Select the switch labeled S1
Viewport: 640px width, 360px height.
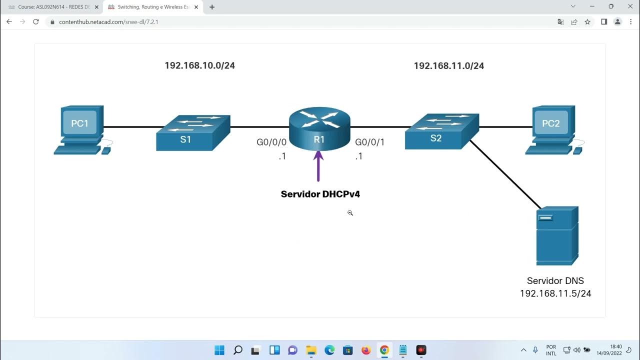point(193,132)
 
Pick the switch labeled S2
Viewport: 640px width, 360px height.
point(441,131)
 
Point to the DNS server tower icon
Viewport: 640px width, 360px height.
point(557,235)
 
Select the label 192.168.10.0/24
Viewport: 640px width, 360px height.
point(199,65)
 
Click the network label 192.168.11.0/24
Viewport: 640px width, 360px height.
point(448,65)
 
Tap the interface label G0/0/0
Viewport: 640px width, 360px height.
point(271,142)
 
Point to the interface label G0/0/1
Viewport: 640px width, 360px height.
point(369,142)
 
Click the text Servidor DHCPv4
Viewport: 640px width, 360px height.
point(320,194)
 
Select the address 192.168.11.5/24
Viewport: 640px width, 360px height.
point(555,293)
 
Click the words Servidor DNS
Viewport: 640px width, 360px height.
point(555,281)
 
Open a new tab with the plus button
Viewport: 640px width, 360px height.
point(212,7)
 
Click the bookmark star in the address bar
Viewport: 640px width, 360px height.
point(587,22)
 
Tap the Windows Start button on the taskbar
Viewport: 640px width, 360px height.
point(219,350)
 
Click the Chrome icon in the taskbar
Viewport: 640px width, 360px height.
point(384,350)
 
